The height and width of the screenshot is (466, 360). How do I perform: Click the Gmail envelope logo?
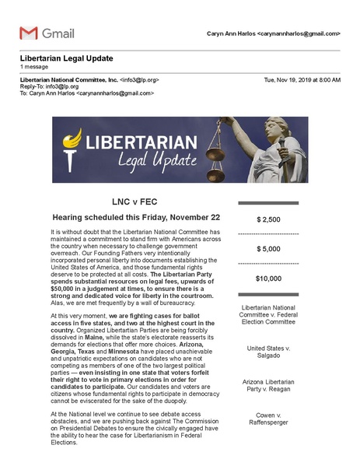pos(28,33)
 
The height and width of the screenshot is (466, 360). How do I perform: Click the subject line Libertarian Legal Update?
pos(66,59)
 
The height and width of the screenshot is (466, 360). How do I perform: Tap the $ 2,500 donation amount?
pos(268,219)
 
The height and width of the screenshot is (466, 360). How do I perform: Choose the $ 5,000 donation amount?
pos(268,248)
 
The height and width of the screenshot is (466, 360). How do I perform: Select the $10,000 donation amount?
pos(268,278)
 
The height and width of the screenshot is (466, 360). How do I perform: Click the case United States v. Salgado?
pos(268,352)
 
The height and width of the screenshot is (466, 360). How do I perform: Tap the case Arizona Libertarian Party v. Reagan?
pos(268,387)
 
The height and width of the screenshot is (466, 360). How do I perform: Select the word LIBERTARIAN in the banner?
pos(132,144)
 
